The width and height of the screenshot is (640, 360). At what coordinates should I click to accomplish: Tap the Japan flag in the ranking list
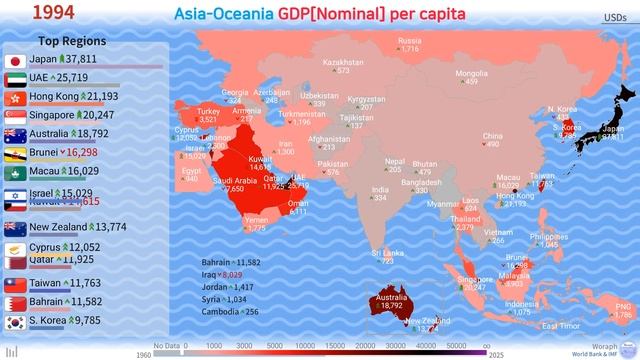tap(14, 60)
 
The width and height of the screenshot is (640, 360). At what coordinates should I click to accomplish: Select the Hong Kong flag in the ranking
tap(14, 97)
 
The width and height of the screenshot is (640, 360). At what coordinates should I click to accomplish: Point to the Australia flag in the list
tap(14, 134)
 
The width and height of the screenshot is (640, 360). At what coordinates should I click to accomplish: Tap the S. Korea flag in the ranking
tap(14, 322)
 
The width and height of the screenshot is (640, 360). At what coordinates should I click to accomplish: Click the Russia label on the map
tap(408, 42)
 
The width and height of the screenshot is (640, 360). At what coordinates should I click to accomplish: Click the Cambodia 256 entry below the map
tap(229, 311)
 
